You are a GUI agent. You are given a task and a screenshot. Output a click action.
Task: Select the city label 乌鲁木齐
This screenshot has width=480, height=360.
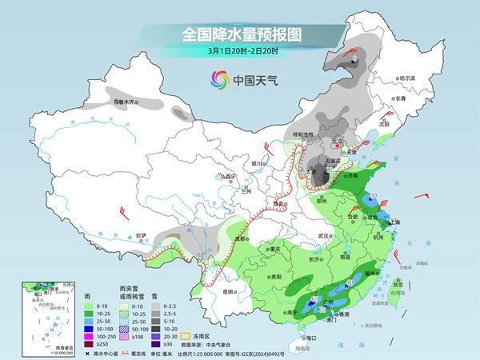[x=126, y=102]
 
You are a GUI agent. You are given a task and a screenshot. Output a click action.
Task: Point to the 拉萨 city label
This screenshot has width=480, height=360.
[x=141, y=235]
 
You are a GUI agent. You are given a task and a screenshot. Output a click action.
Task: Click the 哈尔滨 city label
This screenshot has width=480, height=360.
[x=407, y=78]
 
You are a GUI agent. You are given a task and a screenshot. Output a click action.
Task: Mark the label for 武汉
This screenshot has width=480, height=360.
[x=323, y=236]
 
